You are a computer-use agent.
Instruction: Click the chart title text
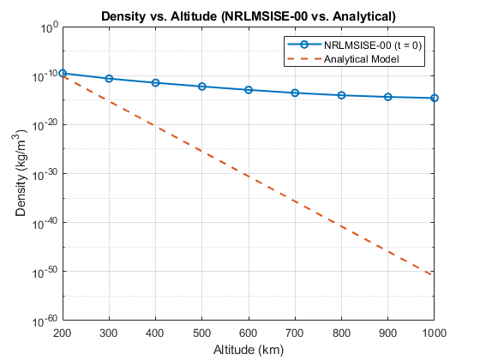click(x=248, y=15)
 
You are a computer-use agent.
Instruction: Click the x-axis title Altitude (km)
click(x=248, y=350)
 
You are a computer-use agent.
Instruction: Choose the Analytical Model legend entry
click(x=361, y=58)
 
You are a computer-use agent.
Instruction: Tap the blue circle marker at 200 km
click(x=62, y=74)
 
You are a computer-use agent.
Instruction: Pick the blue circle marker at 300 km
click(x=109, y=79)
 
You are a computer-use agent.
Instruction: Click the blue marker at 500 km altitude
click(x=202, y=87)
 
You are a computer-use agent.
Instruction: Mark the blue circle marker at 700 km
click(x=296, y=93)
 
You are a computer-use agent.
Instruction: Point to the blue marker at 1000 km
click(x=435, y=98)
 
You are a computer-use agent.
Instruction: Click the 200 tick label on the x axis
click(x=62, y=332)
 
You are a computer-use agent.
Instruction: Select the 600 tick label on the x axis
click(x=249, y=332)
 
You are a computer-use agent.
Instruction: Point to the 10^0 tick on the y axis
click(x=48, y=27)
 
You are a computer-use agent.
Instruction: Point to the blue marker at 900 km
click(x=388, y=97)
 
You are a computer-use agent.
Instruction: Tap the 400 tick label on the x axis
click(x=155, y=332)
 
